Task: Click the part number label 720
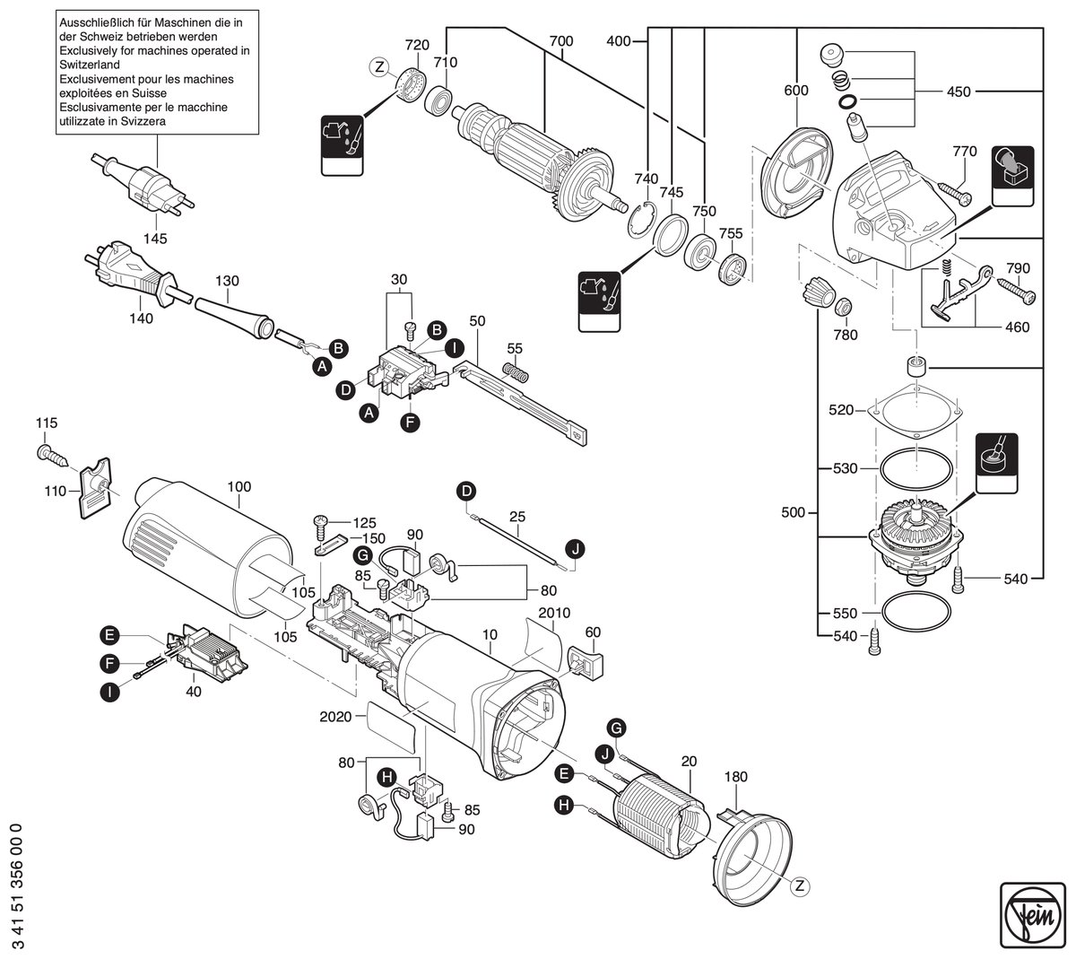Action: [x=417, y=45]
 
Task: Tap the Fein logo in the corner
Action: [x=1032, y=915]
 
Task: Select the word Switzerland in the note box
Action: [x=90, y=65]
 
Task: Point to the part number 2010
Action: [x=554, y=613]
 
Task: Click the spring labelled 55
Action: [x=516, y=372]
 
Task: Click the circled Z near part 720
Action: [x=378, y=67]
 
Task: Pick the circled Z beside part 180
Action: [x=800, y=885]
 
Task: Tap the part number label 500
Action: [x=793, y=513]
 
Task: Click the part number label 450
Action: [x=959, y=92]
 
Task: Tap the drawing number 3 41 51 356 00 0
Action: [x=18, y=885]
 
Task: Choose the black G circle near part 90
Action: [x=363, y=556]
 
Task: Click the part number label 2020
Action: [x=335, y=717]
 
